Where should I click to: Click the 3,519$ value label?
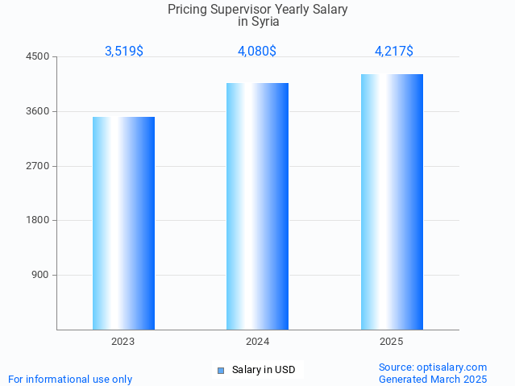click(124, 51)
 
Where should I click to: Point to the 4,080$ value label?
click(257, 51)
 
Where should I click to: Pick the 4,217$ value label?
click(394, 51)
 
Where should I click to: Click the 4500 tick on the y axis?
click(39, 57)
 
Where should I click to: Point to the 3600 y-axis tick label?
click(39, 111)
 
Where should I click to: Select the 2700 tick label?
click(39, 166)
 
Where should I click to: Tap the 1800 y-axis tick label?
click(39, 220)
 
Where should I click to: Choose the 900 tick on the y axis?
click(41, 275)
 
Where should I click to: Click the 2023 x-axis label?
click(123, 342)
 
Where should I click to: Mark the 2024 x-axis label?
click(257, 342)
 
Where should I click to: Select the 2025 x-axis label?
click(392, 342)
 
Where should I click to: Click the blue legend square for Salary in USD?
click(220, 371)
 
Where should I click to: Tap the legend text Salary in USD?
click(264, 371)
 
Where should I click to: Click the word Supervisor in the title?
click(239, 10)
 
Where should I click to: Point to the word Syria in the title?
click(265, 22)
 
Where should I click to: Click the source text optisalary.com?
click(455, 367)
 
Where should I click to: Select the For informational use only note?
click(70, 379)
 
